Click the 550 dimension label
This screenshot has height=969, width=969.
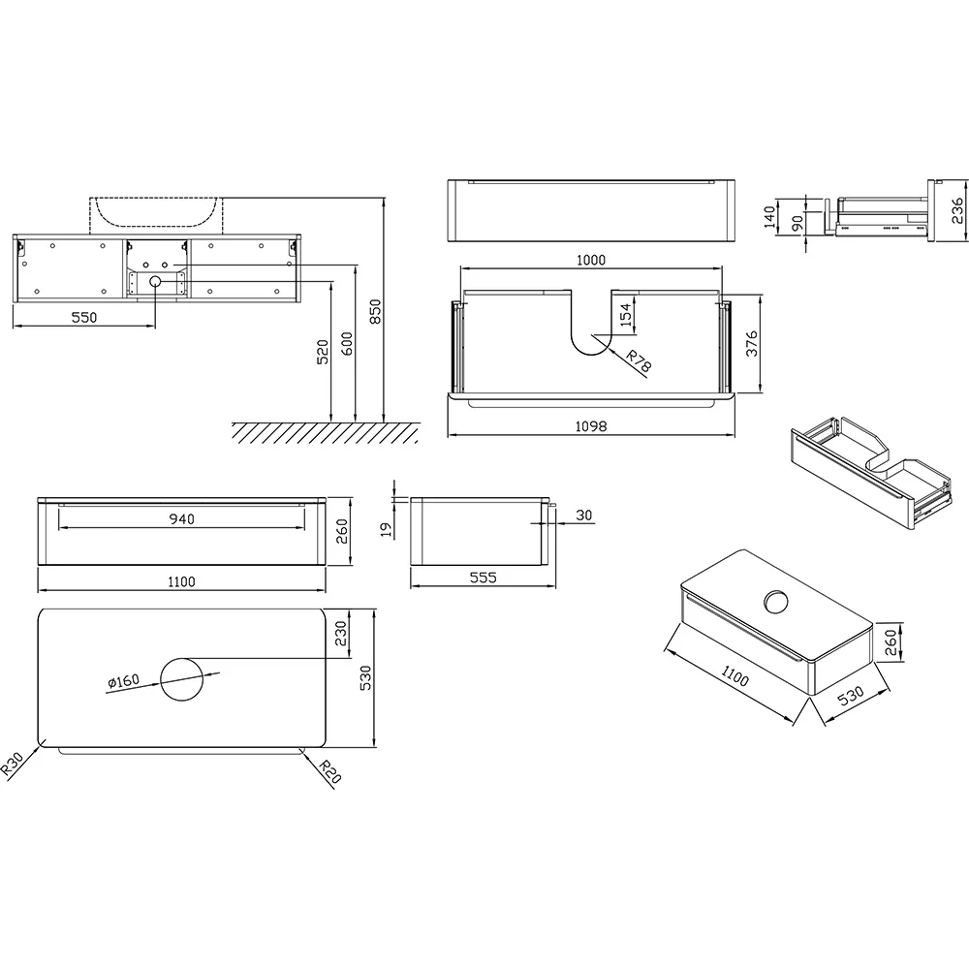[x=84, y=317]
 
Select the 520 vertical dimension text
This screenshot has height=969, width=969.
[x=323, y=352]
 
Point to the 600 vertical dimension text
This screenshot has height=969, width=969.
[x=347, y=345]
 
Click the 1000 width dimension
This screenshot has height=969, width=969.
[x=591, y=260]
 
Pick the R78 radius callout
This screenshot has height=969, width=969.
[x=639, y=361]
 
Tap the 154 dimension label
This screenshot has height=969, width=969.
[x=626, y=315]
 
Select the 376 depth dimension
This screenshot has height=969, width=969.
[x=752, y=344]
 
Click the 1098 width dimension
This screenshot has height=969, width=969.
[x=591, y=425]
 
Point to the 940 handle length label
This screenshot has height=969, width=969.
[x=182, y=518]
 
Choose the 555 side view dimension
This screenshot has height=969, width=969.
[x=483, y=578]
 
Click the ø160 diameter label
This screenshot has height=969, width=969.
[x=124, y=681]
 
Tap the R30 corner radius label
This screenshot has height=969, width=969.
[x=12, y=764]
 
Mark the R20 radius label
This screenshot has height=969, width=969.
[x=330, y=771]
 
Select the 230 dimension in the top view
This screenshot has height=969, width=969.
[x=340, y=634]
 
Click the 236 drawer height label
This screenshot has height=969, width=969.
[x=956, y=210]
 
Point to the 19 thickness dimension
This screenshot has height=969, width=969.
[x=387, y=529]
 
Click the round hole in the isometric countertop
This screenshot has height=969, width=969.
[x=776, y=602]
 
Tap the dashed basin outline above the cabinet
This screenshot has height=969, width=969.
[x=155, y=215]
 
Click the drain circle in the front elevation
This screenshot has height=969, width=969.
[x=155, y=282]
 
